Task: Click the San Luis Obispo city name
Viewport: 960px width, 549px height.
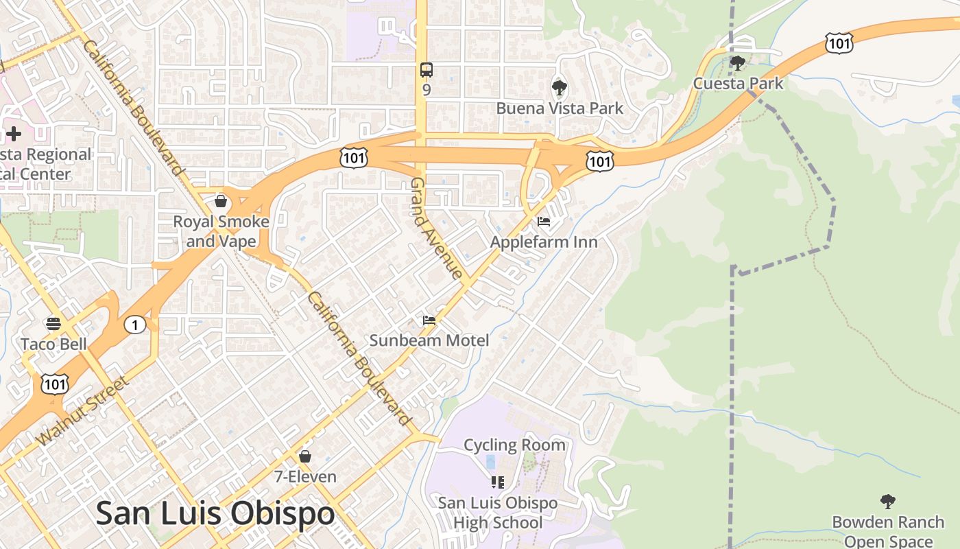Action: [215, 513]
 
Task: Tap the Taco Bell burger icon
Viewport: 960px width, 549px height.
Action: [53, 324]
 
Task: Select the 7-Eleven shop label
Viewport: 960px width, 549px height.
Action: [305, 476]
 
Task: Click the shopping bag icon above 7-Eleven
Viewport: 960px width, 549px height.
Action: [305, 456]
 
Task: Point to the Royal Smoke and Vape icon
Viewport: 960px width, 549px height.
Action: [221, 201]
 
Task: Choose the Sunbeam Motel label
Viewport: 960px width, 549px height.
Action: [429, 340]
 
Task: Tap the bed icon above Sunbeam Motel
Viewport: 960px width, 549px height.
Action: [429, 320]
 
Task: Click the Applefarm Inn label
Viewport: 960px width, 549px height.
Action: [544, 242]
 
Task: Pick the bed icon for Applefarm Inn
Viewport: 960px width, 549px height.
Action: [544, 222]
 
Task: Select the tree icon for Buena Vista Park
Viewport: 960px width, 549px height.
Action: [560, 88]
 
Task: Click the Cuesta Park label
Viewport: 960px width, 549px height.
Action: [738, 84]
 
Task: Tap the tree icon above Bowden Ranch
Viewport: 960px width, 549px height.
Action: [888, 502]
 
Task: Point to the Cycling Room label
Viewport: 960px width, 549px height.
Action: [515, 445]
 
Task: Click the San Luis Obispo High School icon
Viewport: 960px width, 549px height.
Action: [498, 482]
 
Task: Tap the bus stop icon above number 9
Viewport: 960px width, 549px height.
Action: [427, 69]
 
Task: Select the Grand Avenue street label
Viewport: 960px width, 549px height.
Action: [437, 229]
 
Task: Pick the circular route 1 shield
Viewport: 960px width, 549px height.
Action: [135, 325]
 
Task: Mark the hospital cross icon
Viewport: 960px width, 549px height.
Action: [14, 134]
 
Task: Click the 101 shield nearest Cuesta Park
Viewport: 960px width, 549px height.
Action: [839, 43]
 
